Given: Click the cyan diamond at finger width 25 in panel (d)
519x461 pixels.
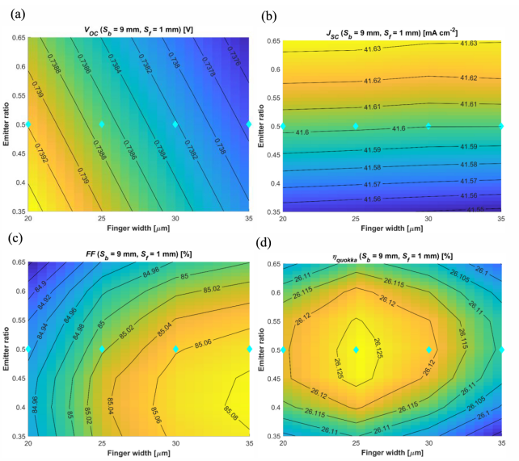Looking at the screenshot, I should pyautogui.click(x=356, y=350).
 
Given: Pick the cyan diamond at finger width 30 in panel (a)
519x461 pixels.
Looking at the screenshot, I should pyautogui.click(x=175, y=124).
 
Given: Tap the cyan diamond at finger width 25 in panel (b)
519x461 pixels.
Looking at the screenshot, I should pyautogui.click(x=356, y=126).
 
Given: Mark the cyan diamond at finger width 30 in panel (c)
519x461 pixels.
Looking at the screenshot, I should pyautogui.click(x=175, y=349).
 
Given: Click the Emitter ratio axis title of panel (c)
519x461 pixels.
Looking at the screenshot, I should pyautogui.click(x=6, y=348).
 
